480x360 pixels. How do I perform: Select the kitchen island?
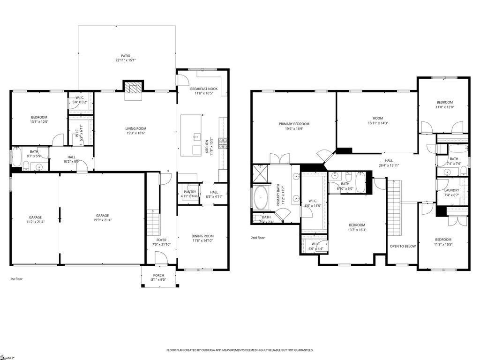pyautogui.click(x=191, y=135)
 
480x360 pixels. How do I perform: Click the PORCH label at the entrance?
pyautogui.click(x=159, y=275)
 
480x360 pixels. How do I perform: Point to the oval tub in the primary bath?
pyautogui.click(x=261, y=197)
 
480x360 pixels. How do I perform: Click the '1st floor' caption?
pyautogui.click(x=16, y=279)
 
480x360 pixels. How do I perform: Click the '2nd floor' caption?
pyautogui.click(x=258, y=238)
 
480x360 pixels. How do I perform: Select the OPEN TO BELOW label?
pyautogui.click(x=403, y=246)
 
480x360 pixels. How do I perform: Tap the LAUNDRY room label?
pyautogui.click(x=451, y=190)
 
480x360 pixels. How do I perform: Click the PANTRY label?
pyautogui.click(x=190, y=192)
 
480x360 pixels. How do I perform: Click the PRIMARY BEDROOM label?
pyautogui.click(x=294, y=124)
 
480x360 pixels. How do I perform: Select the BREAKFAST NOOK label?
pyautogui.click(x=204, y=89)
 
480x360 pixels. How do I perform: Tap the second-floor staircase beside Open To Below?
pyautogui.click(x=395, y=208)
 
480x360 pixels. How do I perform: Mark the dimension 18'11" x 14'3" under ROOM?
pyautogui.click(x=378, y=123)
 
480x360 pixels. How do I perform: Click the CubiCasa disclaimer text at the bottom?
pyautogui.click(x=240, y=350)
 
